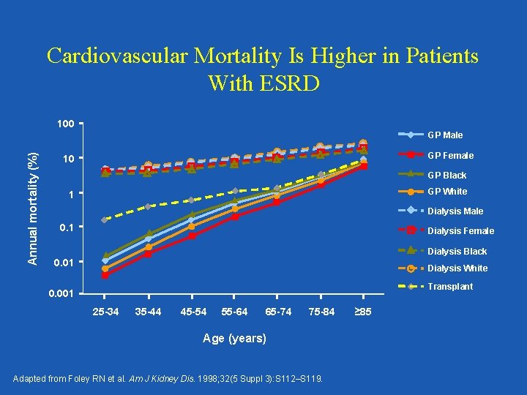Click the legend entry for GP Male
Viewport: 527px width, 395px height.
(445, 135)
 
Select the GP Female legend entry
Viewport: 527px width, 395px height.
(450, 155)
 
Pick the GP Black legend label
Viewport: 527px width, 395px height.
(446, 176)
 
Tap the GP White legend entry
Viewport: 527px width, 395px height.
(446, 192)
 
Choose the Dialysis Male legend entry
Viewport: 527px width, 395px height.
(455, 211)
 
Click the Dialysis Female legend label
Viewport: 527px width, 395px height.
(460, 231)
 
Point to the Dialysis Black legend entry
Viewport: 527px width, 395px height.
(457, 251)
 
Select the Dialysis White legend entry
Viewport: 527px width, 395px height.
(457, 268)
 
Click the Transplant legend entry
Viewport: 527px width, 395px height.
(450, 287)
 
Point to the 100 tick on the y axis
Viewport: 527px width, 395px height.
(65, 124)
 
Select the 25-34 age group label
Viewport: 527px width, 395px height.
(105, 312)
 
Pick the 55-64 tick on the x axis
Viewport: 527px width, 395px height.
(234, 312)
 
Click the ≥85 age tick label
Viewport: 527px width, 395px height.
(363, 312)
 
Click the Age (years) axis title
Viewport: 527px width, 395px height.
(234, 339)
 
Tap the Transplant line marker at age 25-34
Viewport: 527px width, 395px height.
(105, 219)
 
